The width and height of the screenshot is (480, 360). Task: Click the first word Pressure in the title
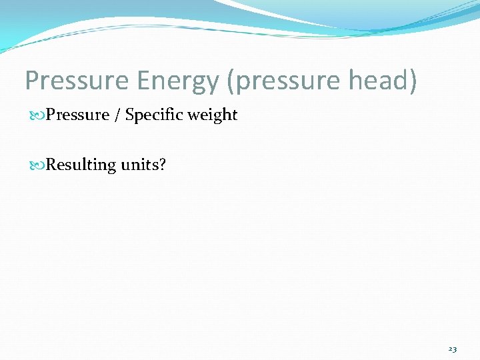click(75, 81)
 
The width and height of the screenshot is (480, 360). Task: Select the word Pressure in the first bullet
click(77, 115)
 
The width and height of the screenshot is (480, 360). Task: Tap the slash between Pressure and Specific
click(117, 115)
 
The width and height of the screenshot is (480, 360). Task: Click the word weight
click(212, 115)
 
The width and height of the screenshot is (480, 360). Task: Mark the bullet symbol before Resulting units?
click(39, 165)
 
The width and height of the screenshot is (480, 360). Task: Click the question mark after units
click(161, 165)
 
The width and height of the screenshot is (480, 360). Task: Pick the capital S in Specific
click(130, 115)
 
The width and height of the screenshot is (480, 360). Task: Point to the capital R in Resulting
click(51, 164)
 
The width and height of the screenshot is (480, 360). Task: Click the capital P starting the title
click(33, 81)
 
